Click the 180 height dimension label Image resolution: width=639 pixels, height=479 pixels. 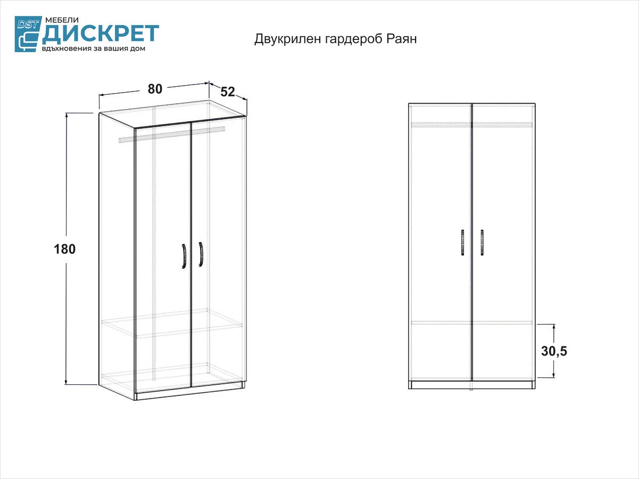(x=64, y=249)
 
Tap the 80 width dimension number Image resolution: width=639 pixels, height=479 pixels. (x=155, y=89)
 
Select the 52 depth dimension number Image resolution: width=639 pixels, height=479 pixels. (x=228, y=92)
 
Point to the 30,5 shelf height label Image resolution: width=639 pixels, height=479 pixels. (x=554, y=351)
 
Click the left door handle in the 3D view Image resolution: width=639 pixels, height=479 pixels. (x=184, y=256)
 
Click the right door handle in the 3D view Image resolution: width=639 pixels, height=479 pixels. (x=201, y=254)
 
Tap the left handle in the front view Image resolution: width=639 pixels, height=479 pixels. (x=462, y=243)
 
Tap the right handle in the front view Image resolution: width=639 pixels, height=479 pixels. (x=482, y=243)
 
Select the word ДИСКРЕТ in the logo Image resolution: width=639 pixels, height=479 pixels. (x=101, y=34)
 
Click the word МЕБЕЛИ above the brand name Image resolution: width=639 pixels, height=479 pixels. (x=62, y=20)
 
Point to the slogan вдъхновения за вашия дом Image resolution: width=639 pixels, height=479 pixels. (x=94, y=48)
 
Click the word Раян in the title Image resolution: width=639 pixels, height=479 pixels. (x=402, y=39)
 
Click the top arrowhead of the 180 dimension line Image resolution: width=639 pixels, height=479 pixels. (x=67, y=115)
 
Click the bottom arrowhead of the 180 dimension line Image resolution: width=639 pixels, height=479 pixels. (x=67, y=382)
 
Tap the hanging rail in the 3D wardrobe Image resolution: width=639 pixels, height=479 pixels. (x=172, y=134)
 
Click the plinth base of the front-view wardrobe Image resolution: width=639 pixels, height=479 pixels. (x=471, y=385)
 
